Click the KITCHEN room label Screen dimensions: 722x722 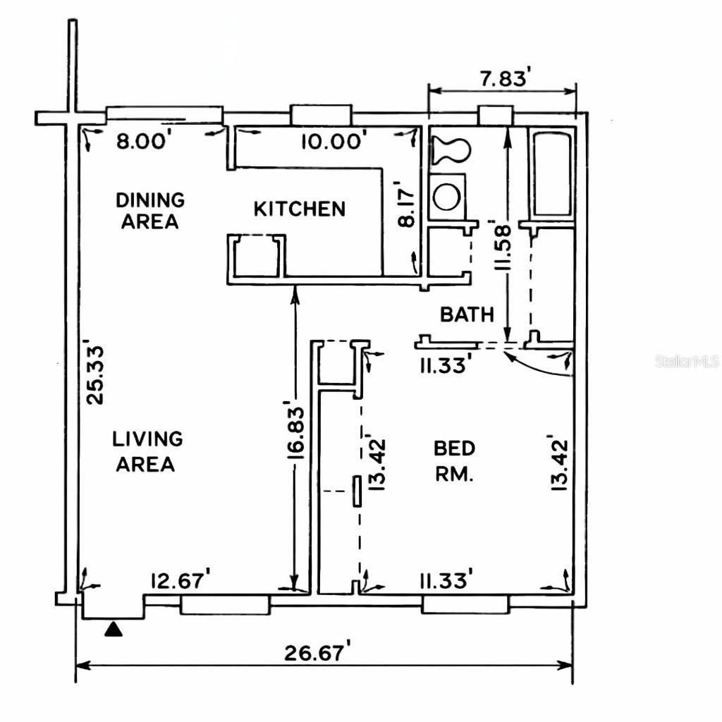coord(300,209)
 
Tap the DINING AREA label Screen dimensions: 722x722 coord(149,210)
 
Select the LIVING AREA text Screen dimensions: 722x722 coord(147,451)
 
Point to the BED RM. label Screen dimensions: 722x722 coord(454,460)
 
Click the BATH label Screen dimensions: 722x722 coord(467,314)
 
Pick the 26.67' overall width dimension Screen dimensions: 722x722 coord(317,653)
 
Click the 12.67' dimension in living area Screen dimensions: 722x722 coord(180,581)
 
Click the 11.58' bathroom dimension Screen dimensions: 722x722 coord(503,247)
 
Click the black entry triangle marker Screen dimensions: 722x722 coord(114,629)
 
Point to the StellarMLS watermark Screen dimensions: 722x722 coord(687,362)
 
